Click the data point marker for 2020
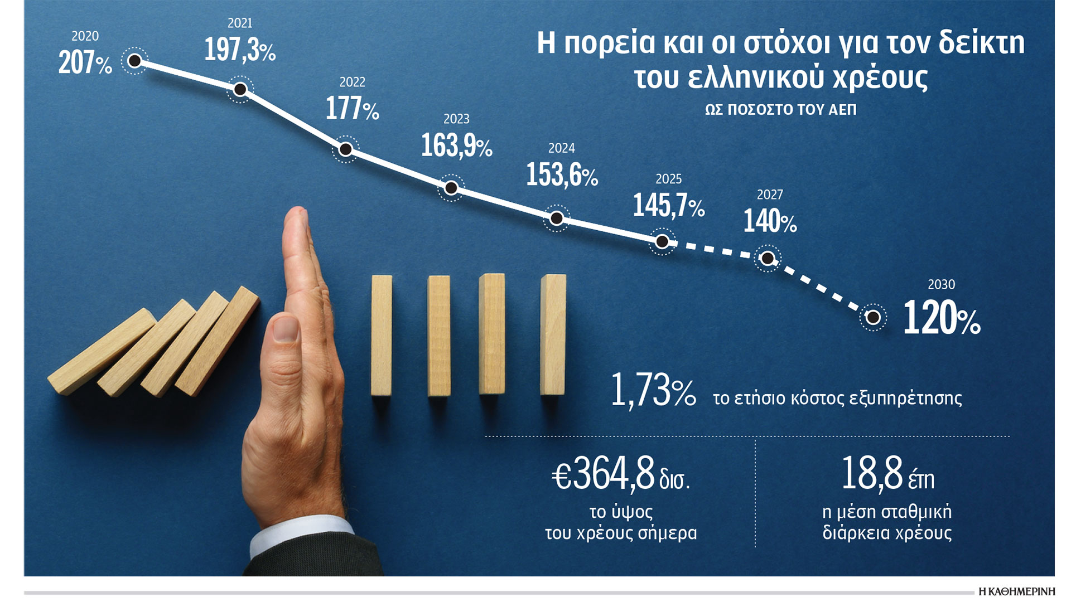pos(134,61)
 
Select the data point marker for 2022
pos(345,149)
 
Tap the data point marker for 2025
pos(662,241)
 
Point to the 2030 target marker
pos(873,317)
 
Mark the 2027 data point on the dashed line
pos(768,259)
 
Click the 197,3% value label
pos(240,50)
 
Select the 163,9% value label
pos(456,146)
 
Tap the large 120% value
pos(941,319)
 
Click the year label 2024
pos(561,148)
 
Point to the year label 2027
pos(770,195)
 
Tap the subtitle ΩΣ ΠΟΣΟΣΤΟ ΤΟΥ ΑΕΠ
pos(780,110)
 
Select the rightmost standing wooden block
pos(553,334)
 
